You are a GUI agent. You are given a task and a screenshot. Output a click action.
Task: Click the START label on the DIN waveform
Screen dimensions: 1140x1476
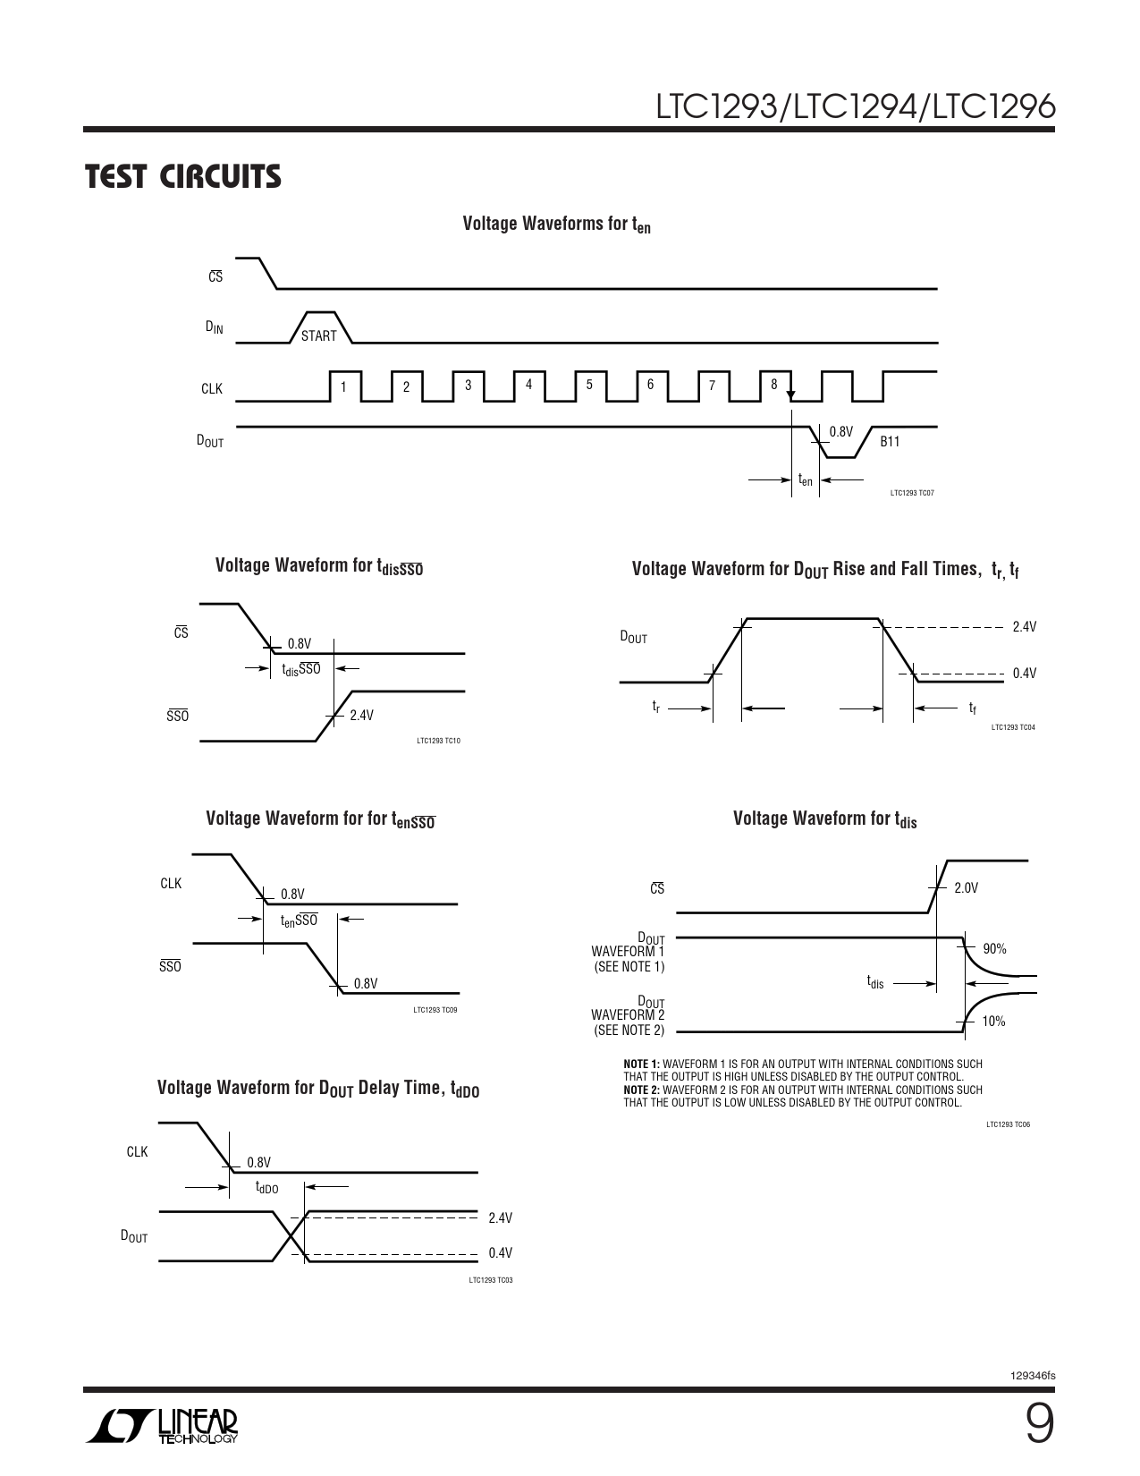tap(318, 335)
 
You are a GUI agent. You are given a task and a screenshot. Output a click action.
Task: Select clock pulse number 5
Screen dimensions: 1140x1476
tap(589, 385)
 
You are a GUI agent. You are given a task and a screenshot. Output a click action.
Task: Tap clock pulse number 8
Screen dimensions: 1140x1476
tap(774, 385)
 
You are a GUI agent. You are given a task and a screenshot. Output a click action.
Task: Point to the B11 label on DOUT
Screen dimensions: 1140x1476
tap(890, 442)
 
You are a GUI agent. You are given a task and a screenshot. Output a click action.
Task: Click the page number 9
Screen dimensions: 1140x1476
tap(1039, 1425)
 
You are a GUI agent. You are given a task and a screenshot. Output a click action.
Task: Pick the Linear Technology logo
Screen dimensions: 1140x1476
tap(162, 1426)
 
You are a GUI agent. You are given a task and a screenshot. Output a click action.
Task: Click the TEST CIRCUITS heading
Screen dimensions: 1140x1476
tap(182, 176)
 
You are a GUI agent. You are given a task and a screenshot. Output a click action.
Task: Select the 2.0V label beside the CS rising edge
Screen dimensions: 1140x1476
tap(966, 887)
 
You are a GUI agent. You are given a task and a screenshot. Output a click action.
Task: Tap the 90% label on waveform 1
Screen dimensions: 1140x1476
tap(994, 948)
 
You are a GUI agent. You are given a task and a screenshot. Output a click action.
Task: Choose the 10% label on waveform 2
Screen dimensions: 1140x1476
tap(993, 1021)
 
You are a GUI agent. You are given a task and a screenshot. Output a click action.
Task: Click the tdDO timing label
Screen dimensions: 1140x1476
tap(266, 1187)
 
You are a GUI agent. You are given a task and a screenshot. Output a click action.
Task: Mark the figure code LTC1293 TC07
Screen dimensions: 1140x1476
tap(912, 493)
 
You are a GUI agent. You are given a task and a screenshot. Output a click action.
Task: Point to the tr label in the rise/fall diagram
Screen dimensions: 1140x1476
tap(656, 707)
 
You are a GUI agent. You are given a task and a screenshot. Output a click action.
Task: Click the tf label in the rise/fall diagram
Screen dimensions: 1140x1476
tap(972, 708)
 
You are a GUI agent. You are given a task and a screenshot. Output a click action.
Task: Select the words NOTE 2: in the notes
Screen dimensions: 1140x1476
tap(642, 1090)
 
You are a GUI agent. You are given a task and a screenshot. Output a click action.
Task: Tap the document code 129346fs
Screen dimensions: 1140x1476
tap(1033, 1376)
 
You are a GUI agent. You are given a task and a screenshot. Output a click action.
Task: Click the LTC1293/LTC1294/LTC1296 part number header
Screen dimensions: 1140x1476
tap(856, 106)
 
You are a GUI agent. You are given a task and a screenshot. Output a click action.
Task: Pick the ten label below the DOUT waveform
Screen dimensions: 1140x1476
tap(806, 479)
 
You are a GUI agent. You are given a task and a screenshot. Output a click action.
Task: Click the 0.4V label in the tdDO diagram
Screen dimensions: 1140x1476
tap(501, 1251)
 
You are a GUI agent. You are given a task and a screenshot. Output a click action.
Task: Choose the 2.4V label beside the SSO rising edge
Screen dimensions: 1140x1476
tap(362, 716)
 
